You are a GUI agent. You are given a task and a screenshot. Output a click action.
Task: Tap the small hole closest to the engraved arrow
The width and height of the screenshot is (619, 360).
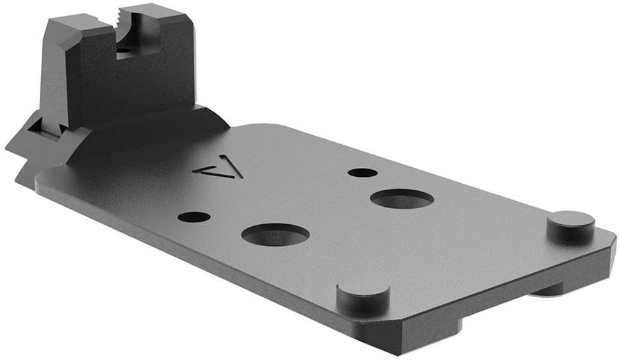tap(194, 217)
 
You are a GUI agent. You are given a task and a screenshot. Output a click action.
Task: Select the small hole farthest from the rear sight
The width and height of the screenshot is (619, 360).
tap(363, 172)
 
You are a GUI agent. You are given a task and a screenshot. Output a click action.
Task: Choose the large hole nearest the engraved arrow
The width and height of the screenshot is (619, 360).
tap(276, 234)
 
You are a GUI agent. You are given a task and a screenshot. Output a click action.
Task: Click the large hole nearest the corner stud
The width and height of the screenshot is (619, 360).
tap(401, 199)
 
